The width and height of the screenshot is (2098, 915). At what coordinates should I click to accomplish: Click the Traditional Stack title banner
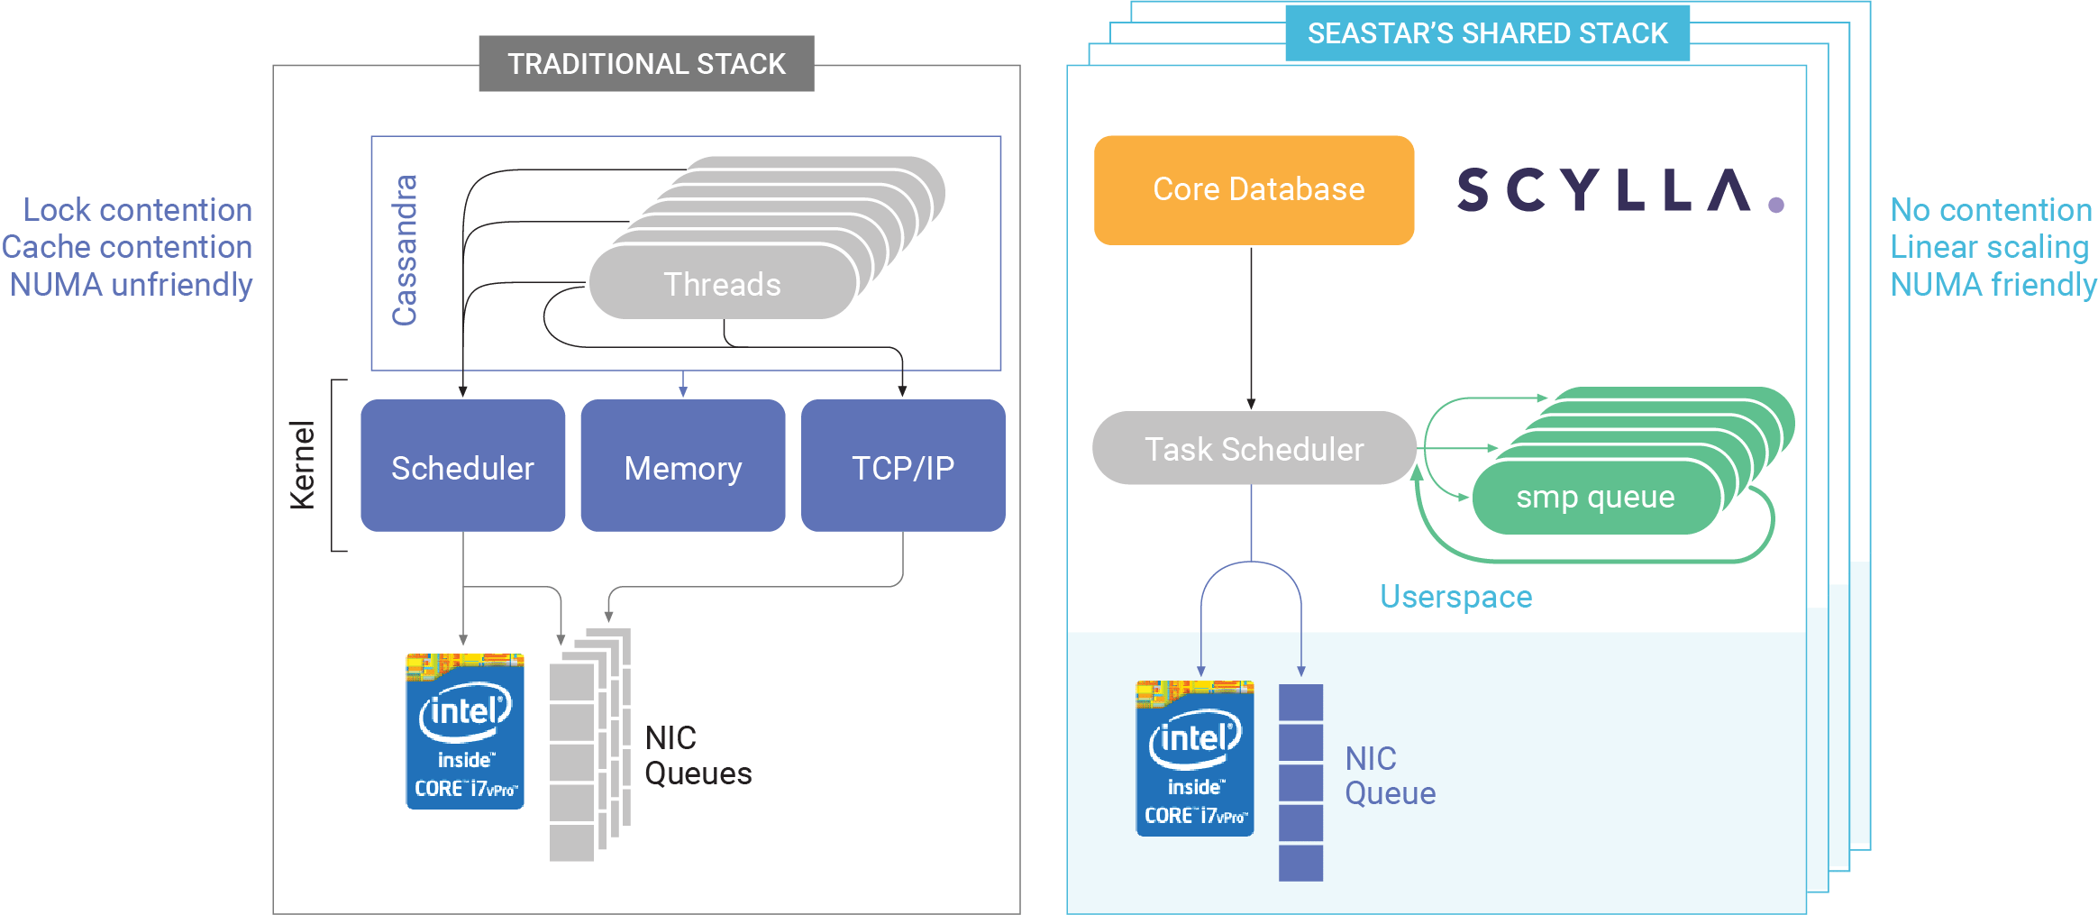[646, 64]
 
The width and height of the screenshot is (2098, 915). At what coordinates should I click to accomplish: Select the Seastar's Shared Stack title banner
[1487, 34]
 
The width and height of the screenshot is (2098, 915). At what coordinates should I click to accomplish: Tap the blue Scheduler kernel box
[462, 466]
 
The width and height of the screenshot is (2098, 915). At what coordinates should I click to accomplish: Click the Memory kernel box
[682, 466]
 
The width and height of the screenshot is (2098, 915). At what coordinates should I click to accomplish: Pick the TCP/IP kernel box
[902, 466]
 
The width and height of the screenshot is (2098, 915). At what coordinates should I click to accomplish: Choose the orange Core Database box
[1254, 190]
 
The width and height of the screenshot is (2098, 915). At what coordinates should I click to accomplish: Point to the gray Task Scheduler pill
[1254, 448]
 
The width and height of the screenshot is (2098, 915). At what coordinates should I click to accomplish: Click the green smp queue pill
[1595, 497]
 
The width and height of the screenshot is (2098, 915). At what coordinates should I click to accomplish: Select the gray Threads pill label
[722, 284]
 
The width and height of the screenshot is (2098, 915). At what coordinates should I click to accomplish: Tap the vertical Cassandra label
[405, 250]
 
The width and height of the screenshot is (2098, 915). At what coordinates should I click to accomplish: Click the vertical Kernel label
[303, 465]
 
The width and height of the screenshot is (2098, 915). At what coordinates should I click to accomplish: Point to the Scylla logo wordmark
[1604, 190]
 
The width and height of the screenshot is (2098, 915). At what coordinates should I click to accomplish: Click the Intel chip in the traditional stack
[464, 732]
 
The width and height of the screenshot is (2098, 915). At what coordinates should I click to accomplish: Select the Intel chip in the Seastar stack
[1194, 759]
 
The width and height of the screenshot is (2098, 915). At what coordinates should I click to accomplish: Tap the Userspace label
[1455, 597]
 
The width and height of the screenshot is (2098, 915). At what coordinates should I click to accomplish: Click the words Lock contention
[137, 210]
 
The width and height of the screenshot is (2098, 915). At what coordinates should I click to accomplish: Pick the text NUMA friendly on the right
[1993, 285]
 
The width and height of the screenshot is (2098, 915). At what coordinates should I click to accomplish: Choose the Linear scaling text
[1989, 247]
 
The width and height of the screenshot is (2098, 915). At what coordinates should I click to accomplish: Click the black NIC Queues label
[698, 755]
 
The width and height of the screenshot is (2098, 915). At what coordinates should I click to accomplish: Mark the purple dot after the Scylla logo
[1776, 206]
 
